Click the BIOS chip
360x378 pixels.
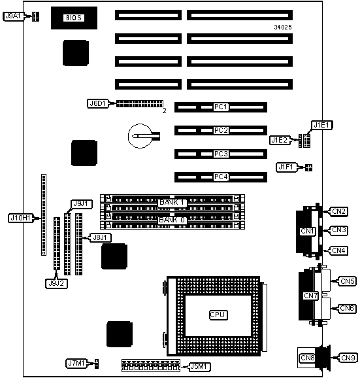pyautogui.click(x=74, y=18)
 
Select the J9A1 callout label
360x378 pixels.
pyautogui.click(x=14, y=16)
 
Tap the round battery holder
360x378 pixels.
pyautogui.click(x=140, y=136)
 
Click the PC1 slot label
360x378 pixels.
pyautogui.click(x=221, y=107)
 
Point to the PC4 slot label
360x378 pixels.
pyautogui.click(x=221, y=177)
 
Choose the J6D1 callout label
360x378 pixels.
pyautogui.click(x=98, y=104)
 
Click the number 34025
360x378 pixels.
pyautogui.click(x=283, y=27)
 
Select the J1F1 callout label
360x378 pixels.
pyautogui.click(x=286, y=167)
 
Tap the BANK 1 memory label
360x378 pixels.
pyautogui.click(x=172, y=202)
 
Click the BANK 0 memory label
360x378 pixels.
pyautogui.click(x=172, y=220)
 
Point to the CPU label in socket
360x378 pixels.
pyautogui.click(x=218, y=315)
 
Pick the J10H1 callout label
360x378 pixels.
pyautogui.click(x=21, y=218)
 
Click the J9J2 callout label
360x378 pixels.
pyautogui.click(x=56, y=284)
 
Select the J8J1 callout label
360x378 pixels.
pyautogui.click(x=100, y=237)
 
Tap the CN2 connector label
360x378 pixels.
pyautogui.click(x=338, y=211)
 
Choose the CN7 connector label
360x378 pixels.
pyautogui.click(x=310, y=296)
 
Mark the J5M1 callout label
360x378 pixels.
pyautogui.click(x=199, y=367)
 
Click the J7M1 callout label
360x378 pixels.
pyautogui.click(x=76, y=363)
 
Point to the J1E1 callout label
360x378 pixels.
pyautogui.click(x=321, y=125)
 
